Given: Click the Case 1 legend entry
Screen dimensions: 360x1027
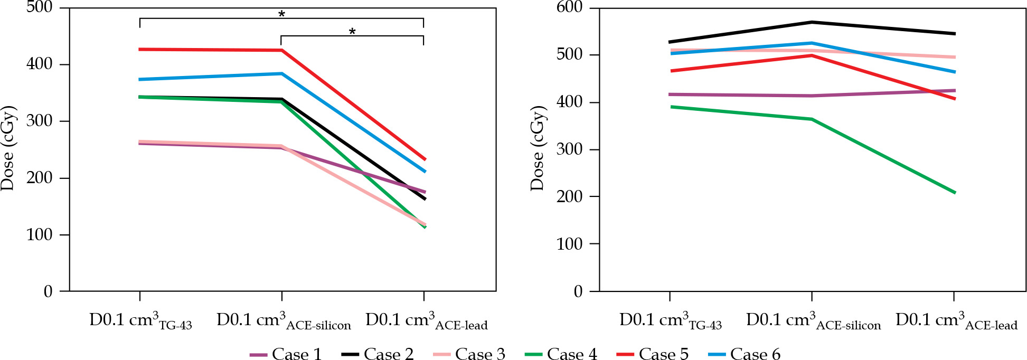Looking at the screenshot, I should tap(286, 354).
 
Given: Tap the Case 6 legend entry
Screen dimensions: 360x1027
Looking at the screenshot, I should tap(744, 354).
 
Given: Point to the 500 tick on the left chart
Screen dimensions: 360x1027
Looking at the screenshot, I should tap(40, 7).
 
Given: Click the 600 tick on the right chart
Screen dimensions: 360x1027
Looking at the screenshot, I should tap(570, 7).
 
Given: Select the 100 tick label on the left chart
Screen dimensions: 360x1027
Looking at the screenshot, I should tap(40, 234).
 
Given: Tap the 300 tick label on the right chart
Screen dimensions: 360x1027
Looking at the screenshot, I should tap(570, 149).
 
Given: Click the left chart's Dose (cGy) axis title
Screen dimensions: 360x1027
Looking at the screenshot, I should tap(8, 148).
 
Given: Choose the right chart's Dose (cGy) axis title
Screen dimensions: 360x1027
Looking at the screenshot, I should tap(538, 148).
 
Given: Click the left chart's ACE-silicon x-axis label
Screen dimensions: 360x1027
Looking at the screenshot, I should tap(284, 321).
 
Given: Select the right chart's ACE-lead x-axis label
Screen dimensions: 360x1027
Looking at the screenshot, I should tap(956, 321).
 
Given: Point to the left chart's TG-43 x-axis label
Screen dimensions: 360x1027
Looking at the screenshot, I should tap(140, 321).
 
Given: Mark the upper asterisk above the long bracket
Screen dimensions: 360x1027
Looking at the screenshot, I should tap(281, 14).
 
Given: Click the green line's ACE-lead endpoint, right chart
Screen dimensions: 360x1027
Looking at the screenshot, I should tap(955, 193).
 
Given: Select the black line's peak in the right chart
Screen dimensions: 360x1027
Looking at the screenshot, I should tap(812, 22).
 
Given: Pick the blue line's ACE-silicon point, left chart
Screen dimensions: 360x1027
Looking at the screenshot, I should tap(282, 73).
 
